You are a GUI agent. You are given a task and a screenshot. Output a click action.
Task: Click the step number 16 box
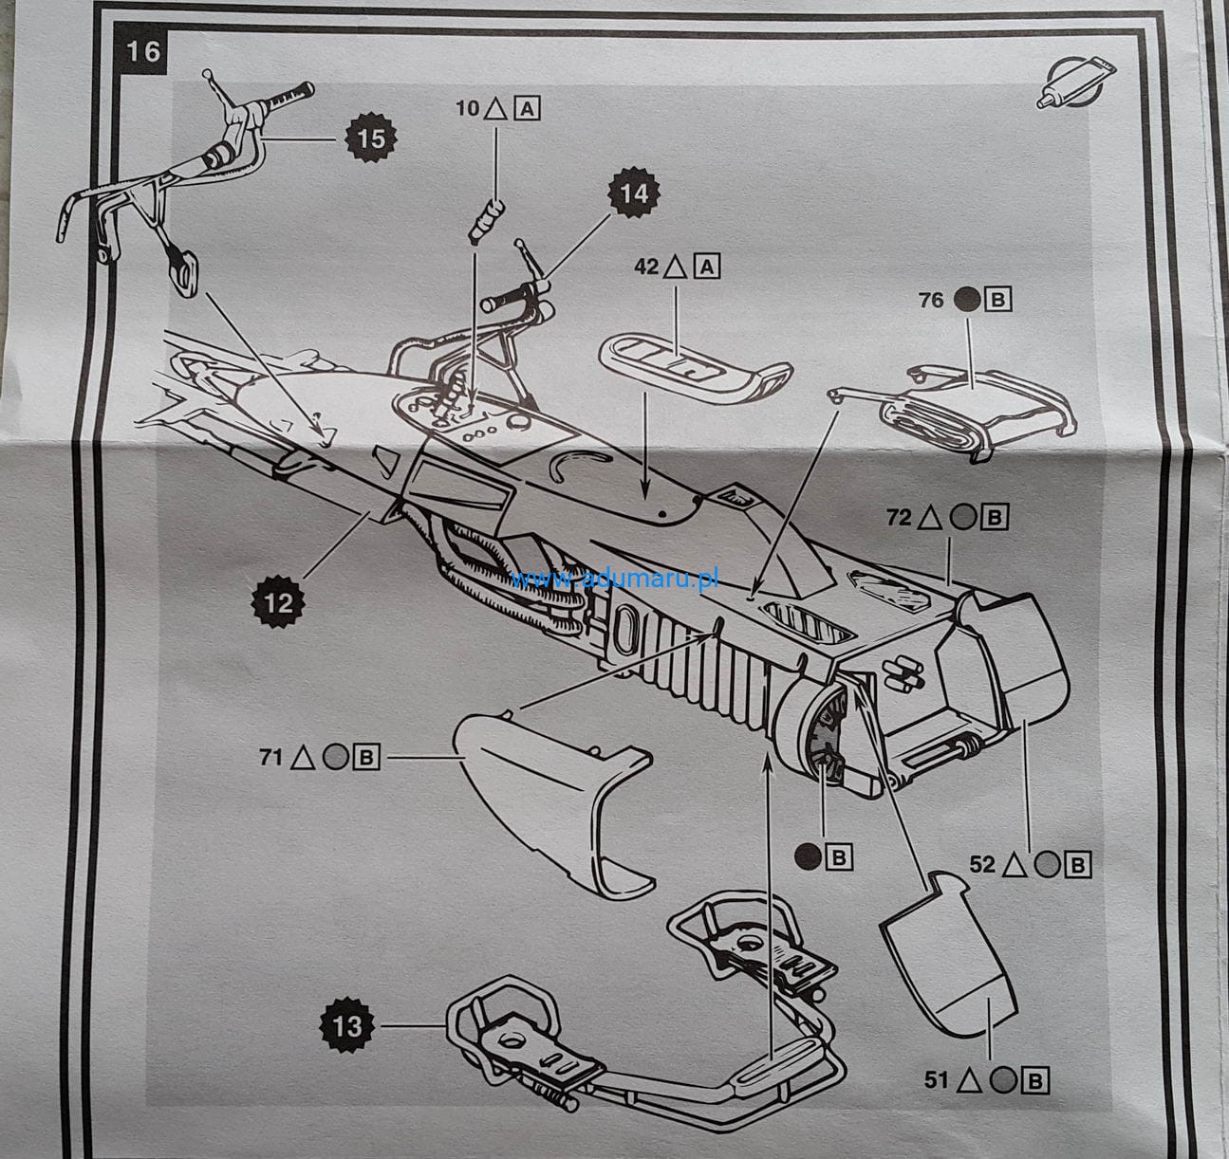pos(143,50)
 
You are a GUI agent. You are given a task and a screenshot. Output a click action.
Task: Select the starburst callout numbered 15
pos(371,138)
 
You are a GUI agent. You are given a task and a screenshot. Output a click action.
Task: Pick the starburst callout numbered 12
pos(279,601)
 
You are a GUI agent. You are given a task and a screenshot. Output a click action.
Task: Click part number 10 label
pos(468,108)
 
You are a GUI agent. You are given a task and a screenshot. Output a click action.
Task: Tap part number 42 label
pos(645,268)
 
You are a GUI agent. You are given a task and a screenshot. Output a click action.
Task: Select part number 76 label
pos(931,301)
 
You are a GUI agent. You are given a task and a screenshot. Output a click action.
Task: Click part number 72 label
pos(899,518)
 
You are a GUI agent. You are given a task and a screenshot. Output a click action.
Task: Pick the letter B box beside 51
pos(1036,1079)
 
